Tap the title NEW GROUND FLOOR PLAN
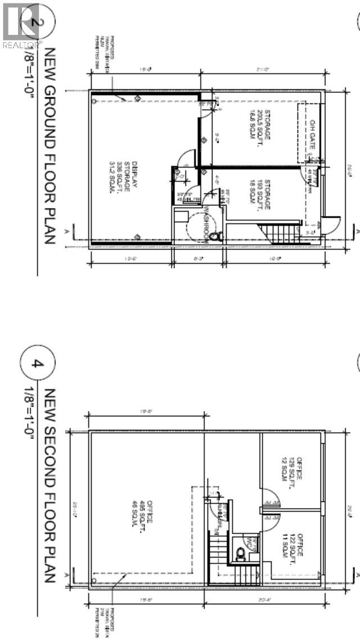(x=49, y=145)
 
